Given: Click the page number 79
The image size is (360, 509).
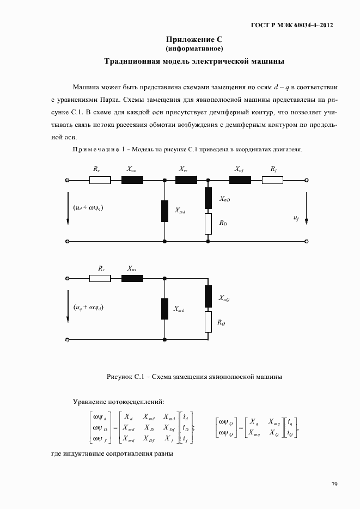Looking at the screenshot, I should pos(334,484).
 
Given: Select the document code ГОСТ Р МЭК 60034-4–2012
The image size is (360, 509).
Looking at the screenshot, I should pos(292,25).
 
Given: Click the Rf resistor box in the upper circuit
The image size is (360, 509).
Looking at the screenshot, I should pos(272,180).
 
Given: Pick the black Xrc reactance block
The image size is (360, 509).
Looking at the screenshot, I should pos(186,180).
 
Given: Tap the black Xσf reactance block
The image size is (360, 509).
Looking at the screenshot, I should pos(240,180).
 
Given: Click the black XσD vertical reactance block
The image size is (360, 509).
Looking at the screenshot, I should pos(208,199).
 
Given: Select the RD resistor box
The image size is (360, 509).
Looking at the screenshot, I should pos(208,224).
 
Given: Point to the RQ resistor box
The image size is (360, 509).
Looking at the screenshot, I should pos(208,322).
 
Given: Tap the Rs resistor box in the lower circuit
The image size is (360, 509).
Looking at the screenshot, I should pos(100,278).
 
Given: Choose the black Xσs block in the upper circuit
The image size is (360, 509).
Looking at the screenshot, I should pos(132,180).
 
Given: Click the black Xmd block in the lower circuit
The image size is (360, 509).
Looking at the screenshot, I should pos(164,309).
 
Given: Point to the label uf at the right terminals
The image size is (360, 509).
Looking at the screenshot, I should pos(296,218).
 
